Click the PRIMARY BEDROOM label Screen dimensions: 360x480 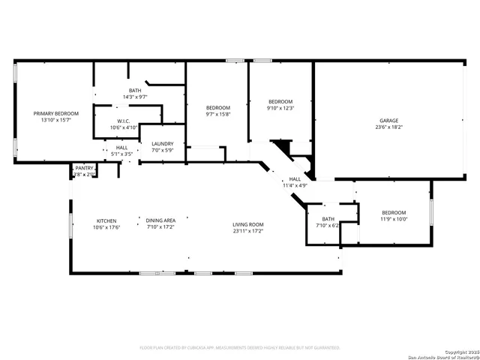[x=56, y=113]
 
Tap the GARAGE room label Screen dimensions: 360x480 [x=388, y=120]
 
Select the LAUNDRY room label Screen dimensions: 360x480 [x=163, y=144]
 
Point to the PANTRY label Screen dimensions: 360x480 [x=84, y=167]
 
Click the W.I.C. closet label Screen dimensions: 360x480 [x=124, y=121]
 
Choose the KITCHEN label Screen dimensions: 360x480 [x=106, y=220]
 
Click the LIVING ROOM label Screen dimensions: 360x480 [x=247, y=224]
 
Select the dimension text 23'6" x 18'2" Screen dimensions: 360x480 [x=388, y=127]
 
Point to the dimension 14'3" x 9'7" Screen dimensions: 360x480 [x=135, y=97]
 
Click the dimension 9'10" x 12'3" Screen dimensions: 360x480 [x=280, y=109]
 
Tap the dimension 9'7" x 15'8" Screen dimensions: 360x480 [x=218, y=115]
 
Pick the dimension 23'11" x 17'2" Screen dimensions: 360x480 [x=247, y=231]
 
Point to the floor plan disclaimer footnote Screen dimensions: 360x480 [x=240, y=347]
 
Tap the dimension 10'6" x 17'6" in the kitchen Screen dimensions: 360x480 [x=106, y=227]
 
